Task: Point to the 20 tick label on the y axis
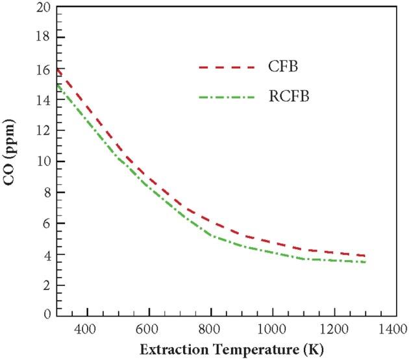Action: [x=43, y=7]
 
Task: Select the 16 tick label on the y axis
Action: [x=43, y=69]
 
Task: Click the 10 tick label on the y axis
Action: [x=43, y=162]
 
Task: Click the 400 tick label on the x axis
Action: [x=86, y=329]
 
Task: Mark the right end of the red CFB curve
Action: [x=365, y=256]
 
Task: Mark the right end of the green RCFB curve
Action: [x=365, y=262]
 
